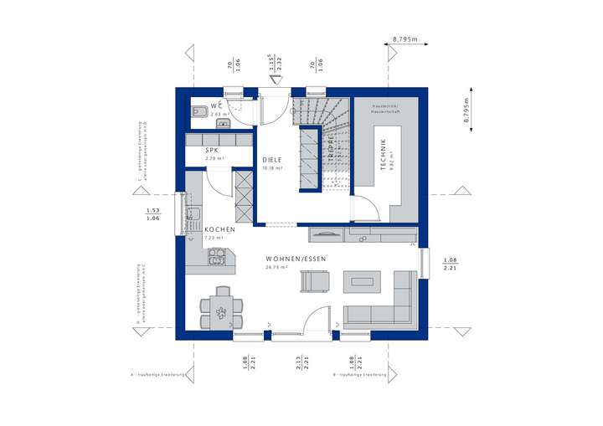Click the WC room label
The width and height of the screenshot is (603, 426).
[216, 105]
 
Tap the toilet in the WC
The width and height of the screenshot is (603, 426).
[199, 110]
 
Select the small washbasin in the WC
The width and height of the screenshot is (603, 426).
[223, 124]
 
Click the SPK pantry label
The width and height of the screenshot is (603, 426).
[213, 151]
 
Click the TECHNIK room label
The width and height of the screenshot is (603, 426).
[383, 154]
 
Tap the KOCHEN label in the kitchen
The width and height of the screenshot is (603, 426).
[219, 228]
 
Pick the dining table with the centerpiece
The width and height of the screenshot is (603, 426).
[222, 311]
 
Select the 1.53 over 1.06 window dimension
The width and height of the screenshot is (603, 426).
[152, 214]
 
